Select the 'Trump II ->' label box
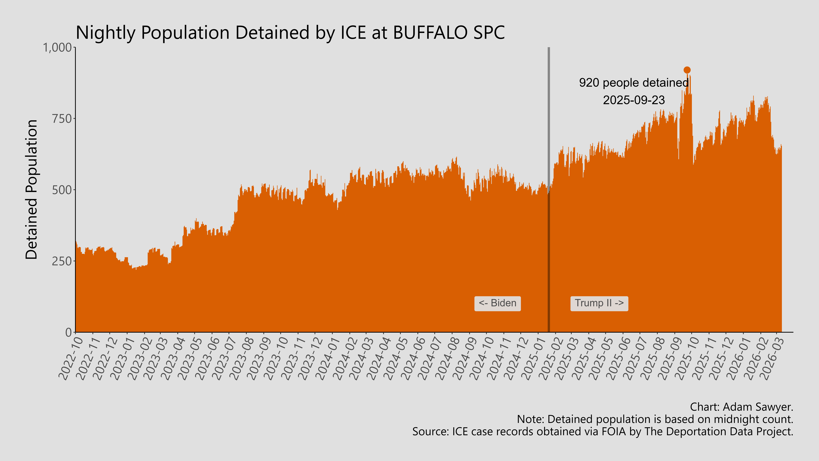599,303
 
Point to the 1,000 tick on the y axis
57,48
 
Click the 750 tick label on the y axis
62,119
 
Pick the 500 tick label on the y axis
62,190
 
